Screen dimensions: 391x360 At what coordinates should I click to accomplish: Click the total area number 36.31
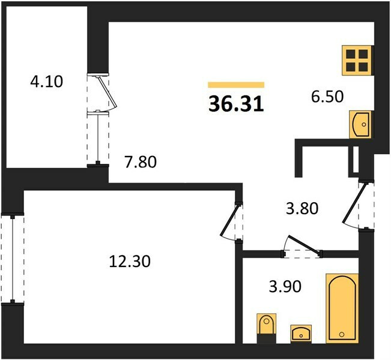236,104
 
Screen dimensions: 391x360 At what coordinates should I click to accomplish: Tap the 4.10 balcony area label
46,82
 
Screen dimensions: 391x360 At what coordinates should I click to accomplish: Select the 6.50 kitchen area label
327,97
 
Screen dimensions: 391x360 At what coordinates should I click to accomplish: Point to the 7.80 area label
141,161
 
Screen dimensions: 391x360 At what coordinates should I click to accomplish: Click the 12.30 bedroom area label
130,262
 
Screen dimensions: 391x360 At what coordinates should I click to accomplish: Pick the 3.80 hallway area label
302,208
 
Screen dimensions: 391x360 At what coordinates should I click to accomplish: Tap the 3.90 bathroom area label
285,286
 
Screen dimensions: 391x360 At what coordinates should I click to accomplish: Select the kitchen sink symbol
360,124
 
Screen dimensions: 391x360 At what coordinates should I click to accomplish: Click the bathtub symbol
342,308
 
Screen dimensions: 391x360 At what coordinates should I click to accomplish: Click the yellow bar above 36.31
236,85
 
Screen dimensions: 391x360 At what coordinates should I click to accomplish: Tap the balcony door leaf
108,92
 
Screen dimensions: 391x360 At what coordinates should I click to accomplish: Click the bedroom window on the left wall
12,259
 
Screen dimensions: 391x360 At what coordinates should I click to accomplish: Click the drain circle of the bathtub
342,334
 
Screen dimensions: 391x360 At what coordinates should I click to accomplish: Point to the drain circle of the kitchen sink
364,124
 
